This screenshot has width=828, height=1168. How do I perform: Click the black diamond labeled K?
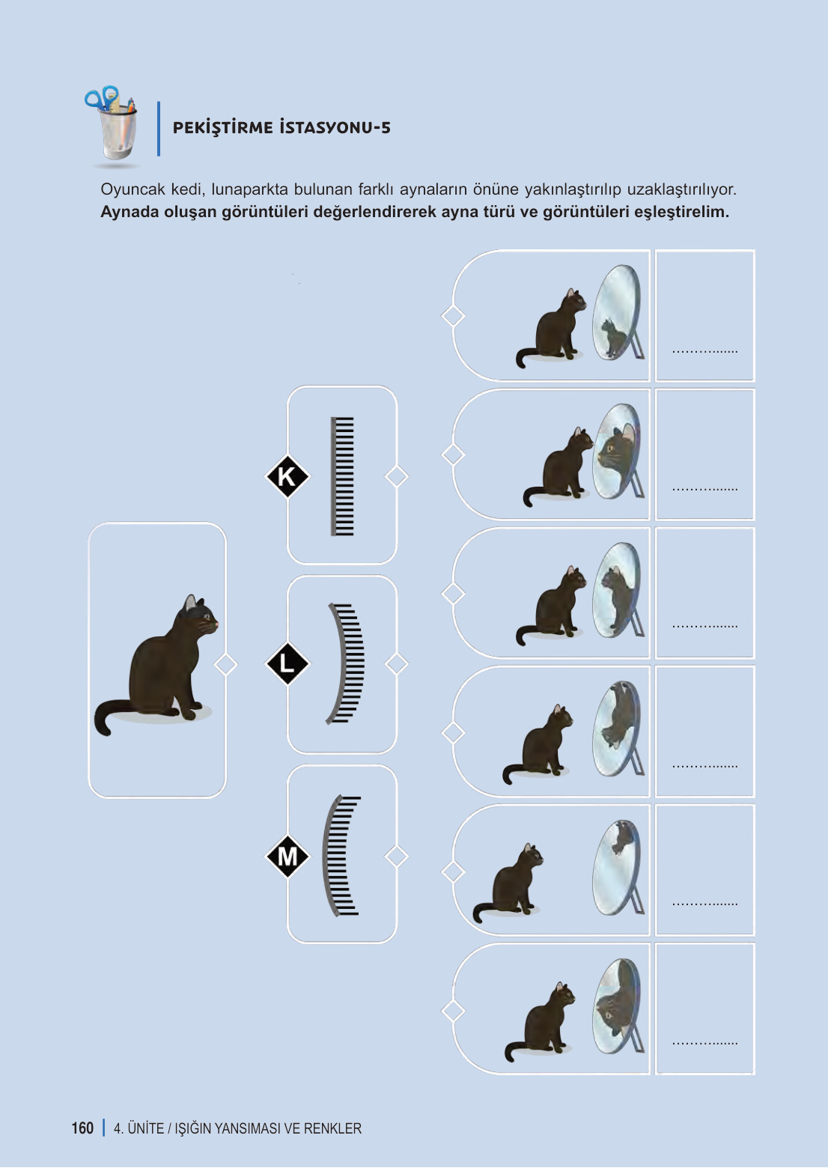pyautogui.click(x=287, y=476)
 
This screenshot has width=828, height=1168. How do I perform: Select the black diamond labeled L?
pyautogui.click(x=287, y=663)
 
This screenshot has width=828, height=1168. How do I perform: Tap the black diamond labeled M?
pyautogui.click(x=287, y=856)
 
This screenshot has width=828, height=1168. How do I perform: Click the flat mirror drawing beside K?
pyautogui.click(x=342, y=476)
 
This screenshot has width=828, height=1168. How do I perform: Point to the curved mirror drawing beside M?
pyautogui.click(x=341, y=854)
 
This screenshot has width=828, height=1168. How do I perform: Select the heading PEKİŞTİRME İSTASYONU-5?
pyautogui.click(x=281, y=127)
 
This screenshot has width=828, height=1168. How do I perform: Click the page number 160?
pyautogui.click(x=82, y=1128)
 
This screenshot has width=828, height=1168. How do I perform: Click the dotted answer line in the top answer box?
pyautogui.click(x=704, y=350)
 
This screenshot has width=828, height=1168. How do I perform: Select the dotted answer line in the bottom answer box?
pyautogui.click(x=704, y=1042)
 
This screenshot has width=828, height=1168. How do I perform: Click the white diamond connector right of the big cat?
pyautogui.click(x=225, y=664)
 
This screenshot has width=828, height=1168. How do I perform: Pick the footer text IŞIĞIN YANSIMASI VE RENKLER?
pyautogui.click(x=268, y=1128)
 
